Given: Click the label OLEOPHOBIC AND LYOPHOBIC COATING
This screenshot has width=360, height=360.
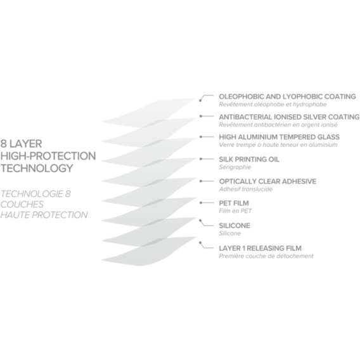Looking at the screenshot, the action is [287, 97].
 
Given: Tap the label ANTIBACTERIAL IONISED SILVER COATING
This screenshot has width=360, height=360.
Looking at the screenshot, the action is [289, 117].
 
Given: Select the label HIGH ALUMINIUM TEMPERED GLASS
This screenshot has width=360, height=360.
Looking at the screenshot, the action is [279, 137].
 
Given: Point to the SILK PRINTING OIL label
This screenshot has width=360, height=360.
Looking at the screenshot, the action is [249, 159].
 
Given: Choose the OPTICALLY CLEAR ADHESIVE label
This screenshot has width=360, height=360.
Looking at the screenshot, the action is [267, 181].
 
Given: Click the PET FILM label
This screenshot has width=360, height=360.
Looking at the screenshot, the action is [234, 203].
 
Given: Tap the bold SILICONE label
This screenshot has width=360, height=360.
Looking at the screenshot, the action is [235, 226].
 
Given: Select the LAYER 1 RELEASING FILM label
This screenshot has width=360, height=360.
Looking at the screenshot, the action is [260, 248].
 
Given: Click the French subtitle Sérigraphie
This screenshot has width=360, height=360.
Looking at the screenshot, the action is [235, 167].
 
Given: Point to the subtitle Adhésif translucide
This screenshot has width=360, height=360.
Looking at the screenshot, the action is [246, 189].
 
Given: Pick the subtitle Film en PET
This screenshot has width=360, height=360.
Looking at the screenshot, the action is [235, 211].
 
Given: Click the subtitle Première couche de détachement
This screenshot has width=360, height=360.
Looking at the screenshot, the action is [266, 256].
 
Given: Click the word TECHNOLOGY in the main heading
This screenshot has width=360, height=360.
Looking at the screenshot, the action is [37, 169].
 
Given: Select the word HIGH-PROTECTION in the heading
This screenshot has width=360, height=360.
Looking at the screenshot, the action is [48, 156].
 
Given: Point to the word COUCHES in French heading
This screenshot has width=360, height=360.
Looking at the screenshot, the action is [22, 204].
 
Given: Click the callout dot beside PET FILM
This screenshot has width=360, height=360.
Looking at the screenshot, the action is [201, 203].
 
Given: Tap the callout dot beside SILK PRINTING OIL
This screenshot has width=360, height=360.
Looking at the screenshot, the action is [201, 159].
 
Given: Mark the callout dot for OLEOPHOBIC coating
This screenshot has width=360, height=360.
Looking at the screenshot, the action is [200, 101].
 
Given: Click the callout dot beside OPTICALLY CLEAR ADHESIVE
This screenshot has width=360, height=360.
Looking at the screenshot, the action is [201, 181].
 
